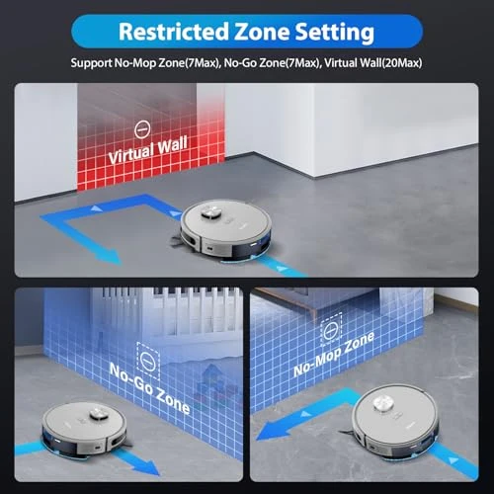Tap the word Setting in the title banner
pos(332,32)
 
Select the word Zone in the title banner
pos(257,32)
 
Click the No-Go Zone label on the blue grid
pos(149,378)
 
